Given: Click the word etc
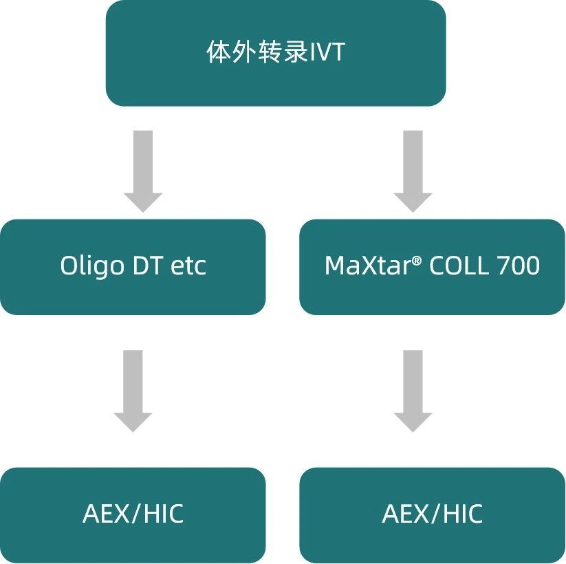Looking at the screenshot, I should pos(189,266).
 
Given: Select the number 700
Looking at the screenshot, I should pos(516,265).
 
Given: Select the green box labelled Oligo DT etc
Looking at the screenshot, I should pos(133,296).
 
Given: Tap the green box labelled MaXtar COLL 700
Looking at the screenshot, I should pos(432,296).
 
